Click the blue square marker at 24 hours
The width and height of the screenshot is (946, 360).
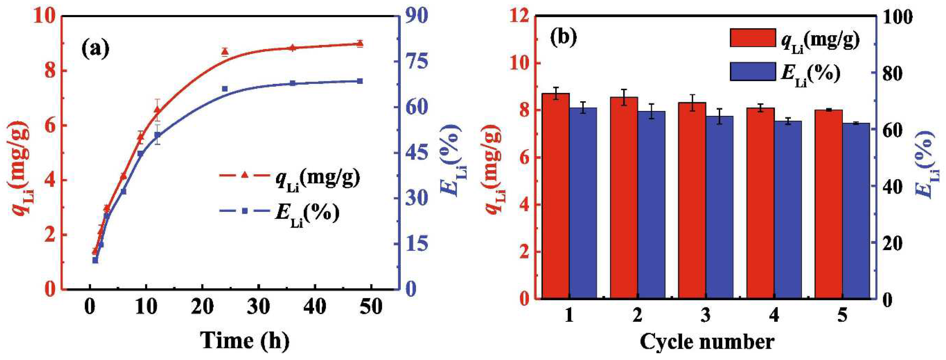pos(225,89)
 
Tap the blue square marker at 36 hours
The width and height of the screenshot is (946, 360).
pos(293,83)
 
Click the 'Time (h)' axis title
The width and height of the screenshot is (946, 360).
pos(245,340)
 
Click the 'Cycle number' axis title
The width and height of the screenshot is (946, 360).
pos(707,342)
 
